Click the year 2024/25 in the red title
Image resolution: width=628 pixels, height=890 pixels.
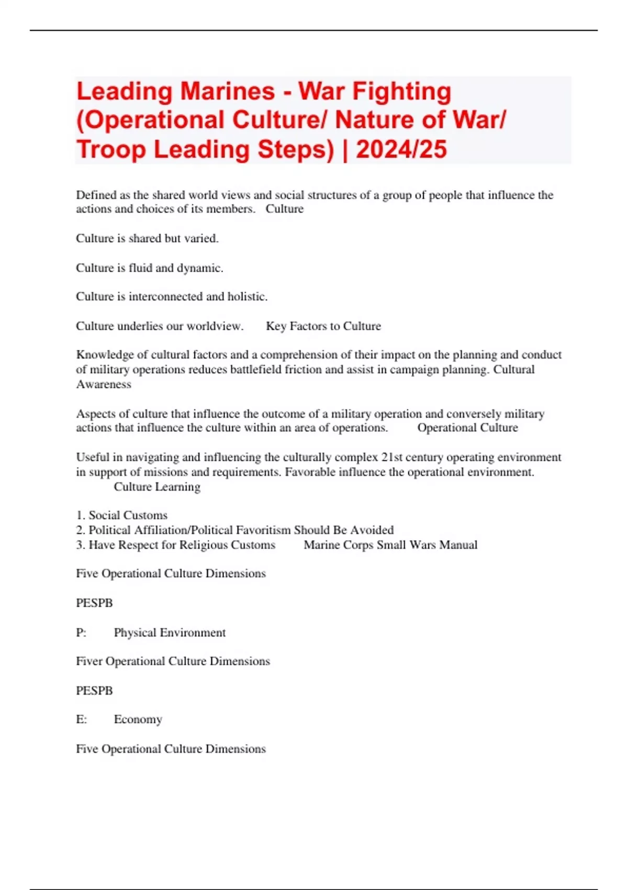coord(401,149)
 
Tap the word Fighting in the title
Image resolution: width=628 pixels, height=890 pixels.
coord(401,91)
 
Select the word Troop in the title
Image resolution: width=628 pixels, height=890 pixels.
coord(111,149)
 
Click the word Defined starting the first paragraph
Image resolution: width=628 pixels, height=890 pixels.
coord(96,195)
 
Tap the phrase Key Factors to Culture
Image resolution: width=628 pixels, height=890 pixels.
coord(323,326)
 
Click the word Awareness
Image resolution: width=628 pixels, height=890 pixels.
coord(104,384)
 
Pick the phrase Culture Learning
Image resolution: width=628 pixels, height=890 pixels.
coord(157,487)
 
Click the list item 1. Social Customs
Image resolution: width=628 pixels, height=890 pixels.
coord(122,515)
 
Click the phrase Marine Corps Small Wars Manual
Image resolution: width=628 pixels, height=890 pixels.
coord(390,545)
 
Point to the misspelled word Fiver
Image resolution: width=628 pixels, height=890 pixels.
coord(89,661)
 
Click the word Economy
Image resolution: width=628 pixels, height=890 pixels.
coord(138,720)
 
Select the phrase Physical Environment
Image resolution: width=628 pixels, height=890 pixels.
coord(170,632)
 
